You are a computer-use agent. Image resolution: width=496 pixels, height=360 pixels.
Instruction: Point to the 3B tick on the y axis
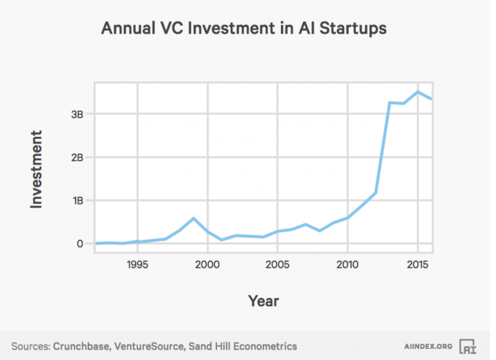click(77, 114)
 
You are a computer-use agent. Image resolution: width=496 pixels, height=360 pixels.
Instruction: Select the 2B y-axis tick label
click(77, 157)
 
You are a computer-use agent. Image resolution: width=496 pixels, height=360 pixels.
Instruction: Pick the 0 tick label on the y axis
click(80, 244)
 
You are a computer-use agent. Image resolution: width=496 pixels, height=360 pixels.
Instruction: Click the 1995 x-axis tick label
click(136, 264)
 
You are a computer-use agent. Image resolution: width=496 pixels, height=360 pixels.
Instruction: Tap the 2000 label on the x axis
click(207, 264)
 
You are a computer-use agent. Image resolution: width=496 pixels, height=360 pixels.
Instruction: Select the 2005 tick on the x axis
click(277, 264)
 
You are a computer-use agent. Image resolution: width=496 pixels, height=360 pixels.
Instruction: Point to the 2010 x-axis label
click(347, 264)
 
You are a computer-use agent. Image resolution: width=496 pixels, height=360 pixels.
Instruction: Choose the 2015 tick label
click(418, 264)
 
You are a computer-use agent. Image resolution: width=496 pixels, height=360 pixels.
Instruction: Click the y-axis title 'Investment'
click(37, 169)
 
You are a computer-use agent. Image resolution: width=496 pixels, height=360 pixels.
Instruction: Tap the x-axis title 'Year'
click(263, 301)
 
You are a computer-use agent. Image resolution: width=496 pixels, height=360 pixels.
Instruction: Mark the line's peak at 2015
click(418, 92)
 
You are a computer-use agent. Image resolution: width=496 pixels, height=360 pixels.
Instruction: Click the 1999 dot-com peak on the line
click(193, 218)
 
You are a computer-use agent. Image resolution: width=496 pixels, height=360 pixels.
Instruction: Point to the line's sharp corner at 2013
click(389, 103)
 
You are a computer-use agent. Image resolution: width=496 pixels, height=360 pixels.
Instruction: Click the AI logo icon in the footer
click(467, 346)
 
